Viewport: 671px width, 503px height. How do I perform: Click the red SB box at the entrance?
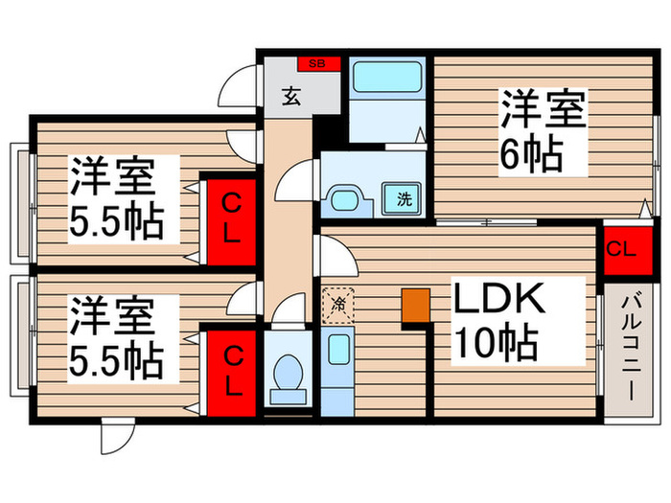pos(317,64)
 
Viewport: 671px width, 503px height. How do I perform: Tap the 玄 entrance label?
pos(289,95)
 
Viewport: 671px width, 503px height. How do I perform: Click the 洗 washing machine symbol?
pos(405,199)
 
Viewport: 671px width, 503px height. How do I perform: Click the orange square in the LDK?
pos(414,305)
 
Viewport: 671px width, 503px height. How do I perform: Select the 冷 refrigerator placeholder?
pos(337,305)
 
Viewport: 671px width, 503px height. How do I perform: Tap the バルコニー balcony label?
pos(632,350)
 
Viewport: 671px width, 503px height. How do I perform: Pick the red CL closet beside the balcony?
pos(621,250)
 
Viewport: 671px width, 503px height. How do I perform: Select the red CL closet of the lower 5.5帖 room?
pos(232,371)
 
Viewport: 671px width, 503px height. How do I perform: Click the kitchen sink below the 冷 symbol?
pos(337,350)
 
